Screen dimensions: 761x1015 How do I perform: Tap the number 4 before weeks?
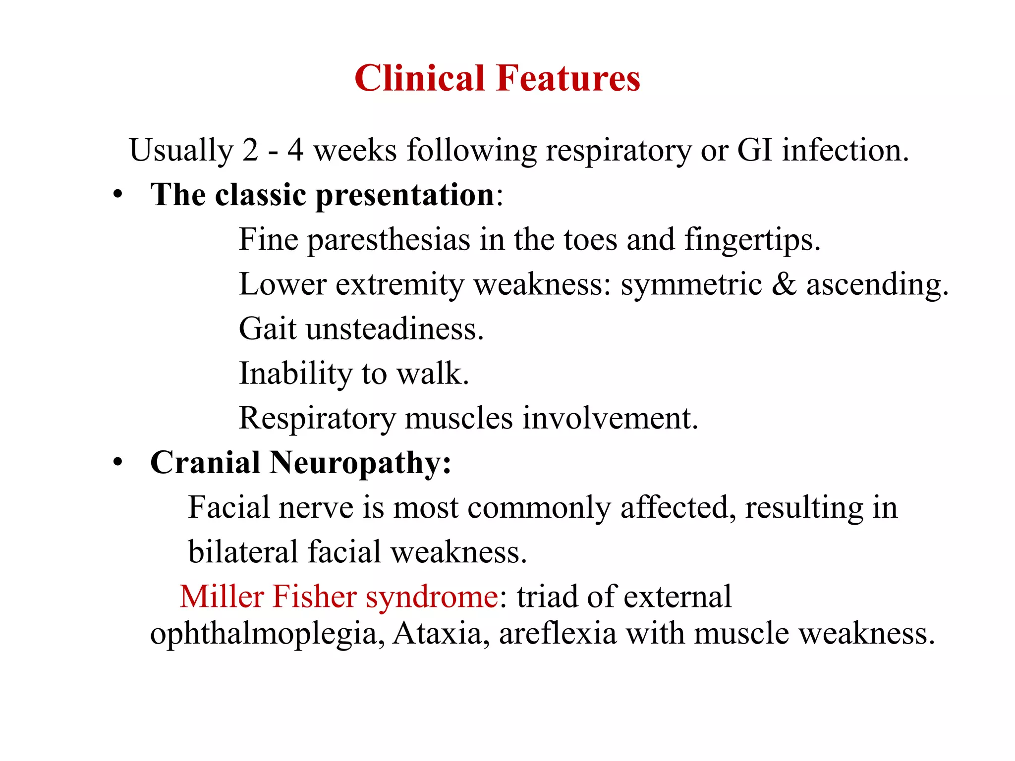[295, 150]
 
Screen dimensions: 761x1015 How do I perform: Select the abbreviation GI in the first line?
[755, 150]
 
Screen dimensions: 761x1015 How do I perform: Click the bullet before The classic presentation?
[117, 194]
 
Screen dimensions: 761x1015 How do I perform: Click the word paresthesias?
[388, 240]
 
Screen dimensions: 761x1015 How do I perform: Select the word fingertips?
[752, 240]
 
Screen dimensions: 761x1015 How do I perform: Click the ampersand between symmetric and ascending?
[784, 284]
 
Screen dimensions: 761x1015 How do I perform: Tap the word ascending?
[877, 285]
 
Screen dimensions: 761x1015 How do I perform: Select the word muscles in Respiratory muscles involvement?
[458, 418]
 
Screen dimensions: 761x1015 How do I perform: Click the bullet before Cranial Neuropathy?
[117, 462]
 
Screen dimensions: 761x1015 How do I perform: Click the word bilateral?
[243, 552]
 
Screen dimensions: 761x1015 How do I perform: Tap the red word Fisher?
[314, 597]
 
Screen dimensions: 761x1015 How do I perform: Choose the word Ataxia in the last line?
[437, 633]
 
